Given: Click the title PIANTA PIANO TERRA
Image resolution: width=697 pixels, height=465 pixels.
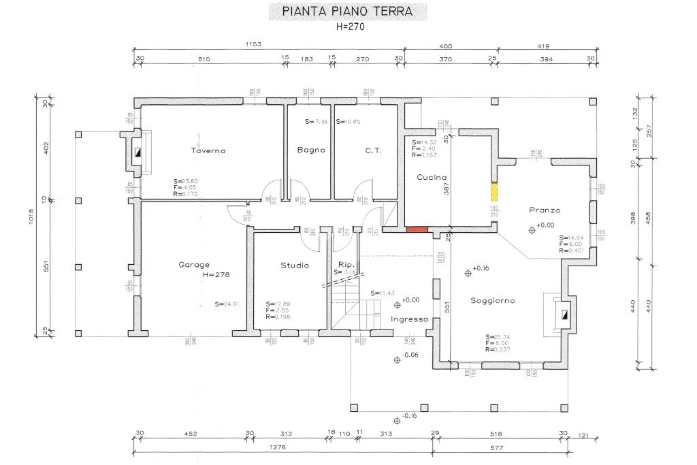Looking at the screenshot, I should pos(348,12).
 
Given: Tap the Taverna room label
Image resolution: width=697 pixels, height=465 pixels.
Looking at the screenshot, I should pos(208,150).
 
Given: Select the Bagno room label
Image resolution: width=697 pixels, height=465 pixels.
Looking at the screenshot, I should pos(311,150).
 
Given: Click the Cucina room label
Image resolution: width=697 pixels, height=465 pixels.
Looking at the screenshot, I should pos(431,177).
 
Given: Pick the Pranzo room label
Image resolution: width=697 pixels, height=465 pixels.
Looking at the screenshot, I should pos(545,210).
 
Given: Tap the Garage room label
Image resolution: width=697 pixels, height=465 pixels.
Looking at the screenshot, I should pos(194,265).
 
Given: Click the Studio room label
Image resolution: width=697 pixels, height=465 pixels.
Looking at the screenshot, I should pos(295,265).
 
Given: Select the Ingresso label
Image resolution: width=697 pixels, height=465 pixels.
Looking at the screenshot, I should pos(410,319).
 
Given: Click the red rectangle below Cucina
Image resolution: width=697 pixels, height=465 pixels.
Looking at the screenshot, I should pos(417,229).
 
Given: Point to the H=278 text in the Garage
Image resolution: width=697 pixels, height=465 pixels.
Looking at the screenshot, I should pos(216,274).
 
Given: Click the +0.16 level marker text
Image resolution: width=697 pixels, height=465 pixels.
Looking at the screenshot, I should pos(481,268).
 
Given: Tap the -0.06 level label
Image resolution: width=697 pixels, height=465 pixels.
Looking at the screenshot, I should pos(410,355).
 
